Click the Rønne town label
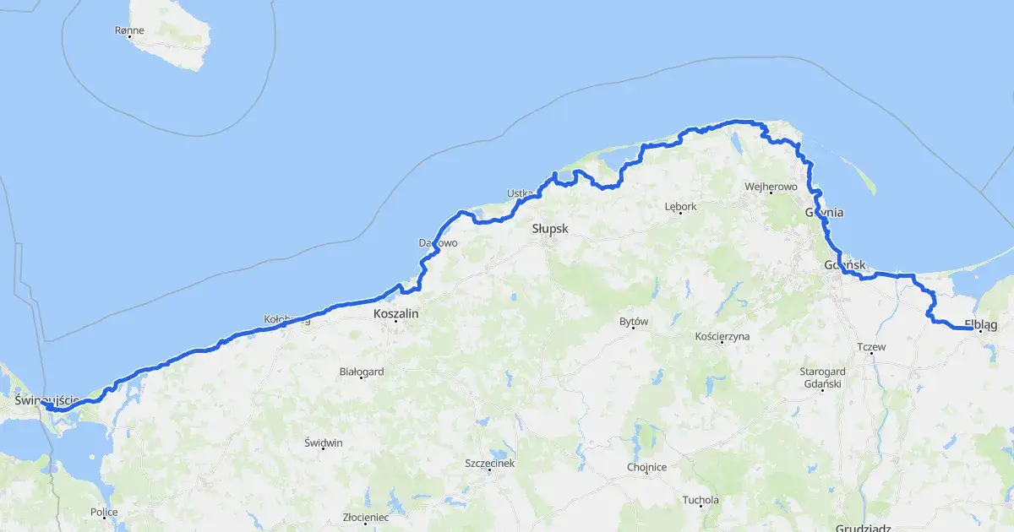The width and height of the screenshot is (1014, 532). coord(129,30)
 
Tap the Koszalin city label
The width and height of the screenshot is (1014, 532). coord(395,312)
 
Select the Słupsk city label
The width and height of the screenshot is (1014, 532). coord(550,229)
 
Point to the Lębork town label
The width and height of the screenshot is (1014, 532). coord(680,206)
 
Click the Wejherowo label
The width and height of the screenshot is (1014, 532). coord(771,186)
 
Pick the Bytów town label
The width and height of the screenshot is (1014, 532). coord(633,322)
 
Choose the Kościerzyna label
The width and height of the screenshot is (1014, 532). coord(722,336)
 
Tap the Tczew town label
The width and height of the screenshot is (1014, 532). coord(871,347)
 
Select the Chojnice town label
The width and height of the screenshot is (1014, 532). coord(647,467)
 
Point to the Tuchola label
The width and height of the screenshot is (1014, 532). coord(701,500)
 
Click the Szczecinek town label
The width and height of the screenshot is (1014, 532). coord(489,463)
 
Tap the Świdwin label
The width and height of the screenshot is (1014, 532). coord(324,443)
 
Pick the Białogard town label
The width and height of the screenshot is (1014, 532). coord(362,371)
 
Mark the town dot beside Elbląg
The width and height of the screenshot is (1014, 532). coord(980,332)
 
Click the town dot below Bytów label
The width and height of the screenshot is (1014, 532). coord(634,328)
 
